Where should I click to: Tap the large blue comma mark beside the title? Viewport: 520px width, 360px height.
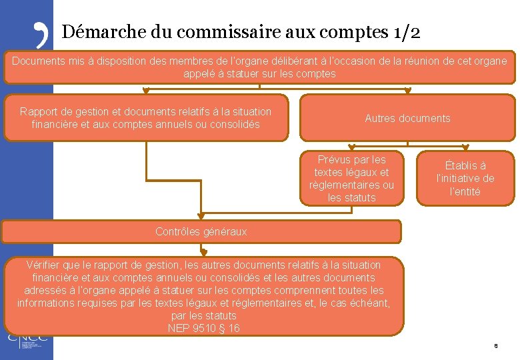[41, 34]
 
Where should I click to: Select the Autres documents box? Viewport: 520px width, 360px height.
[407, 118]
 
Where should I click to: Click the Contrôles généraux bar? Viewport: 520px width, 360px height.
[201, 231]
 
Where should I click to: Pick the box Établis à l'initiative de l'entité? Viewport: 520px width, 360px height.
[465, 179]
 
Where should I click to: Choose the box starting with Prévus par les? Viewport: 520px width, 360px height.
[351, 179]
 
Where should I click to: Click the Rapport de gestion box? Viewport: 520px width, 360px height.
[146, 118]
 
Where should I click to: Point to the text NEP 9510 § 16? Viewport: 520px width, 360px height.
[204, 328]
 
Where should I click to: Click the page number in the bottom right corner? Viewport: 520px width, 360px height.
[495, 346]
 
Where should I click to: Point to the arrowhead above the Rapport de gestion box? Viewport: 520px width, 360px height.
[146, 92]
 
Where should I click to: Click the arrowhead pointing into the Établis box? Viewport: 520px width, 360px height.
[465, 149]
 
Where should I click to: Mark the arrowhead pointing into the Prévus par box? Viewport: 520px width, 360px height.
[351, 149]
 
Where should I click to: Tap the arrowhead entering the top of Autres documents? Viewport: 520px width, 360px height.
[407, 92]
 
